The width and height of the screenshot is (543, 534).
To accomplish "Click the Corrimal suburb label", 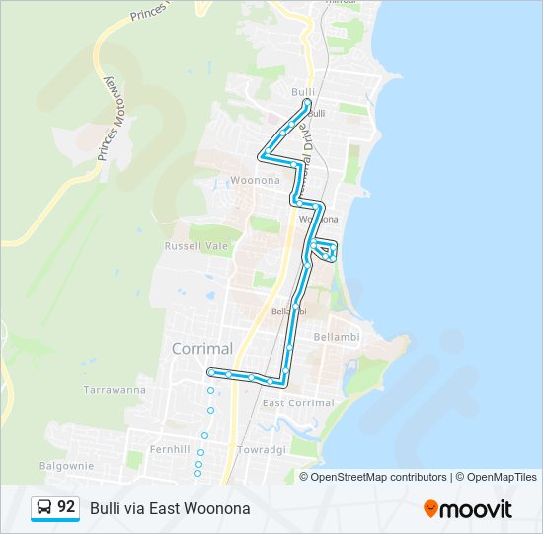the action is tap(201, 348).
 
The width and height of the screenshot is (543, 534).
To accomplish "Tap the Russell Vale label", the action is tap(195, 245).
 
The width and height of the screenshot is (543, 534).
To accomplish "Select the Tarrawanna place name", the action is tap(115, 390).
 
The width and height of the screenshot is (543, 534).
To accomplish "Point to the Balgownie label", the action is tap(66, 464).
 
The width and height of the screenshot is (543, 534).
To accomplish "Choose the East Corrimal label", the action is tap(298, 403).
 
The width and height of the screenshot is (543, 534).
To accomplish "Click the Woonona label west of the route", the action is tap(255, 180).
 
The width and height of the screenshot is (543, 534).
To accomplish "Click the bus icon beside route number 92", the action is tap(44, 507).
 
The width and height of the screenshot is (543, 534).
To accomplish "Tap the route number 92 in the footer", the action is tap(66, 507).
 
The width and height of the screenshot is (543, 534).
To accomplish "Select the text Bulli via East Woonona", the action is tap(170, 508).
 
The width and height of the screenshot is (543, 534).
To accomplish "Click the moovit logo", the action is tap(468, 508).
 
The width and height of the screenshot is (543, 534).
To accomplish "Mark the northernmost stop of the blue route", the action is tap(308, 102).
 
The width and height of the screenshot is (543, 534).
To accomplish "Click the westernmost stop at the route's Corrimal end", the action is tap(210, 372).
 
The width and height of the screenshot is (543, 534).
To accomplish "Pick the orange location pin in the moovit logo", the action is tap(430, 508).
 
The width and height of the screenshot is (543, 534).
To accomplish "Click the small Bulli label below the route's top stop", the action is tap(316, 114).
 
